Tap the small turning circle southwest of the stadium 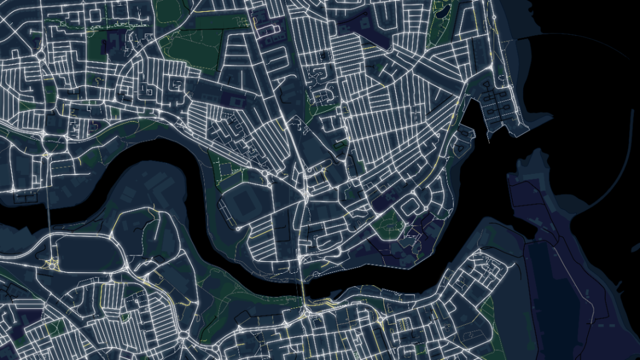(240, 227)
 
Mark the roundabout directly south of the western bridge (52, 264)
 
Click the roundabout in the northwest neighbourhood (41, 56)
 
